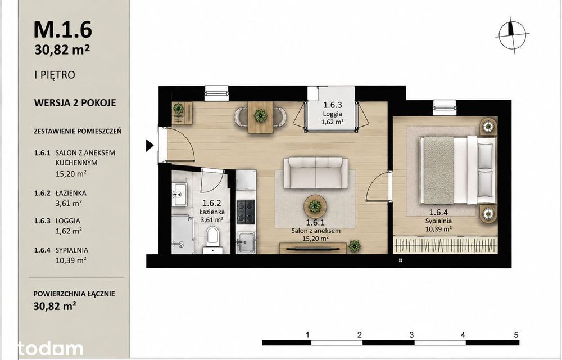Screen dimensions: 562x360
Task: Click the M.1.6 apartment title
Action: (x=63, y=29)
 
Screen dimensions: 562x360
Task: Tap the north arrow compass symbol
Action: (x=513, y=35)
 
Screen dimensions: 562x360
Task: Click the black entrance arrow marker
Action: (x=150, y=146)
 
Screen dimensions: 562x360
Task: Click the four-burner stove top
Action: (x=246, y=211)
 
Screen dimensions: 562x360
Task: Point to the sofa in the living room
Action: (x=316, y=173)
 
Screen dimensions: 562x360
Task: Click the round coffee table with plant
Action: (x=315, y=206)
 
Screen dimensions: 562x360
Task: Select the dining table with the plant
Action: (x=261, y=117)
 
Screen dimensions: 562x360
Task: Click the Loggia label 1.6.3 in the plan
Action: (x=333, y=113)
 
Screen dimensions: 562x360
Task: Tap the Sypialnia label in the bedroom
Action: (x=438, y=221)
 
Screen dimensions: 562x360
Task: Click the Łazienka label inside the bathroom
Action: (x=212, y=211)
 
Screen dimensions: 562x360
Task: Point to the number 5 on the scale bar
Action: (x=516, y=335)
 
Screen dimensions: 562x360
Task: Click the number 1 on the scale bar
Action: (x=308, y=335)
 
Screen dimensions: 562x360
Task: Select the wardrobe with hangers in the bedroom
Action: (x=445, y=245)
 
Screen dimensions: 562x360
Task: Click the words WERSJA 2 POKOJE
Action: (x=75, y=102)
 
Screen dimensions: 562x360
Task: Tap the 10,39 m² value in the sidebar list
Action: (x=71, y=260)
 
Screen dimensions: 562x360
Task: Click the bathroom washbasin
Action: (x=180, y=194)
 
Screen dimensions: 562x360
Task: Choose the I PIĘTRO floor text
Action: (x=55, y=75)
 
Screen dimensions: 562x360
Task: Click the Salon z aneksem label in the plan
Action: (x=316, y=231)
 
